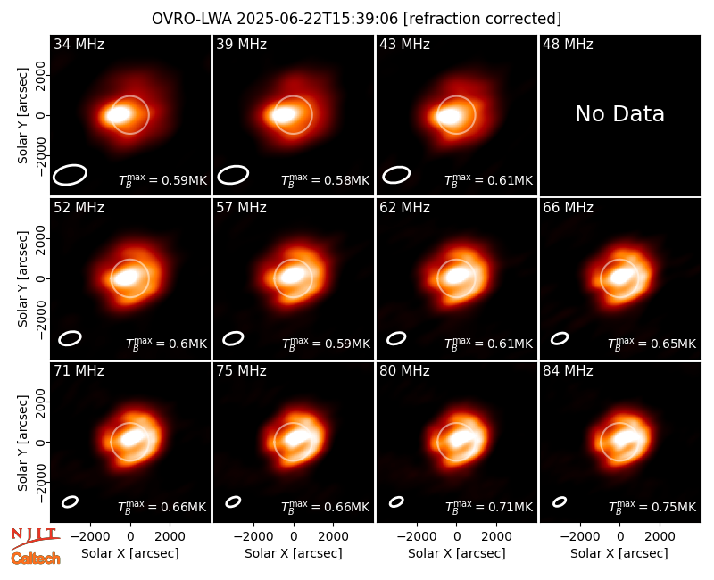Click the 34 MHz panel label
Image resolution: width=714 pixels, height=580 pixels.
(79, 44)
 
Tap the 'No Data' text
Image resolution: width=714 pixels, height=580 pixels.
(619, 114)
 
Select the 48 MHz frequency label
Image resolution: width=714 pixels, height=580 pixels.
(568, 44)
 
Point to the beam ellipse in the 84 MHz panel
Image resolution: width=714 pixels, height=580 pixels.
(560, 501)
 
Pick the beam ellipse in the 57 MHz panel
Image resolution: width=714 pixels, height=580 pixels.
(233, 338)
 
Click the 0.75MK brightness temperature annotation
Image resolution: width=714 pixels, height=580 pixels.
(652, 506)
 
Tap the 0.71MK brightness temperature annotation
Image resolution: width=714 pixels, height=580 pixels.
(488, 506)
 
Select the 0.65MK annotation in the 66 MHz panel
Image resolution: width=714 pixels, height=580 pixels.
(652, 344)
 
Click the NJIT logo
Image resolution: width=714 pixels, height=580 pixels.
(35, 537)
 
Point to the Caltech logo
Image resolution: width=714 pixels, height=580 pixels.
(36, 559)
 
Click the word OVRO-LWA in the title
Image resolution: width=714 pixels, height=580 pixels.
(192, 19)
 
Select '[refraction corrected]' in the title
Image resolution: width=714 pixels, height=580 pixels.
(482, 19)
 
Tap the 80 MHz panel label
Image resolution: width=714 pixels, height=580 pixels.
(405, 371)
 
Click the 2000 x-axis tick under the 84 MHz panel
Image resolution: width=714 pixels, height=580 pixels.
(660, 537)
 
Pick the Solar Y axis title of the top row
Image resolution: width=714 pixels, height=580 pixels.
(22, 116)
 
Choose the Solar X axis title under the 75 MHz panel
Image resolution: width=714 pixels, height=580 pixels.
(294, 553)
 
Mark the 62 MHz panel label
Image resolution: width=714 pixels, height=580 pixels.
(405, 208)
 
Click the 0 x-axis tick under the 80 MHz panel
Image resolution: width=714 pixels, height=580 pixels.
(457, 537)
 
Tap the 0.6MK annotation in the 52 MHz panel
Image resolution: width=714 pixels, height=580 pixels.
(167, 344)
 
